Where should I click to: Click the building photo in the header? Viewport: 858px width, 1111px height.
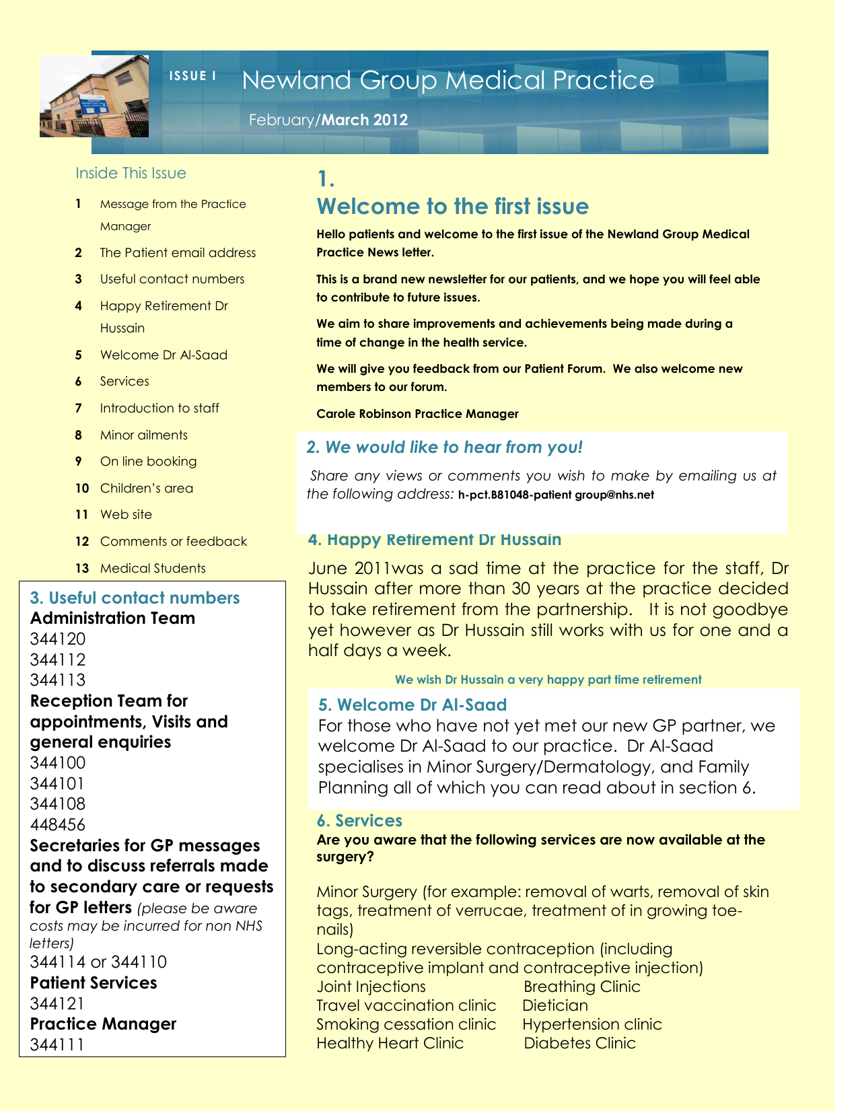tap(94, 96)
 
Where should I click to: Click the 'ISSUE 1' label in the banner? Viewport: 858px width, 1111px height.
tap(192, 76)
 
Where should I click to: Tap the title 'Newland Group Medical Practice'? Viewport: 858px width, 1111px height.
tap(448, 81)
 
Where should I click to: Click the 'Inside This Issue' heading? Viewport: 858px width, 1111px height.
tap(131, 174)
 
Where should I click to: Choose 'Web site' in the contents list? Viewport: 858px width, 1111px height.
tap(126, 515)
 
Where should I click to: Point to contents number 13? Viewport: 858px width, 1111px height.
tap(82, 569)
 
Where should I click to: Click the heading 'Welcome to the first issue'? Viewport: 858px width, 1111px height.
tap(452, 207)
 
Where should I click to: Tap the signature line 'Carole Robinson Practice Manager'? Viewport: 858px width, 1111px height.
tap(417, 414)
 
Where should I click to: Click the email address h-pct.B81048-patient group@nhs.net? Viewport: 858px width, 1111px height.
tap(556, 495)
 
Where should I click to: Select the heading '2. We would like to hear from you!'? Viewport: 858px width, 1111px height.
tap(444, 447)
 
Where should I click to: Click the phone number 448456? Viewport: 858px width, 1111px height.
tap(58, 824)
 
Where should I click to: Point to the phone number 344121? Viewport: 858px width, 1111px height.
tap(58, 1004)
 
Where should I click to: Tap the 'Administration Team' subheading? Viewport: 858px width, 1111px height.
tap(112, 618)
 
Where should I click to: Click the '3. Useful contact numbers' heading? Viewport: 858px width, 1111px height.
tap(135, 598)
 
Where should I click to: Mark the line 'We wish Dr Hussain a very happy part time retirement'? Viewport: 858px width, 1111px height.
tap(548, 680)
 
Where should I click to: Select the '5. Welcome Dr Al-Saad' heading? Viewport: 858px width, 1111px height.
tap(412, 705)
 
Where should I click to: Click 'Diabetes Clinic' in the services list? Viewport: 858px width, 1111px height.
tap(579, 1044)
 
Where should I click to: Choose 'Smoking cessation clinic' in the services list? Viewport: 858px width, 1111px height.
tap(406, 1025)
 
